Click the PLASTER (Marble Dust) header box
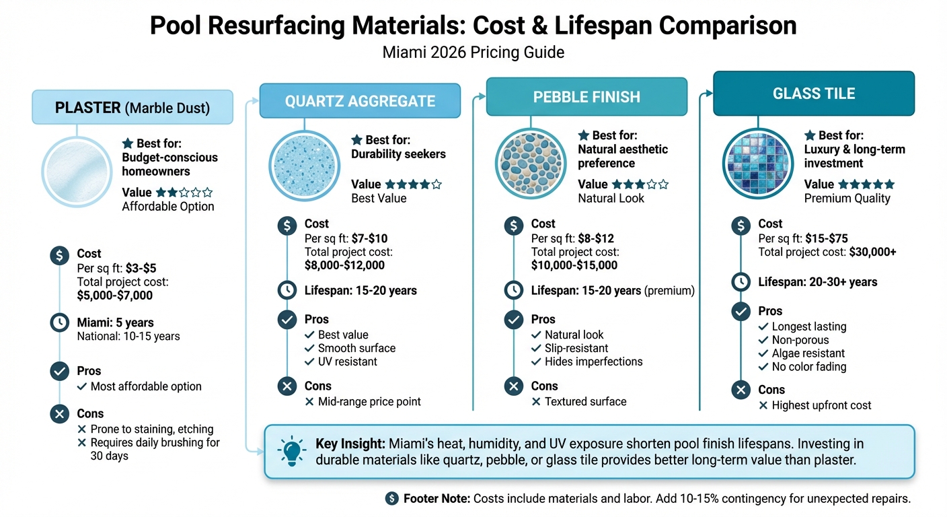(x=132, y=108)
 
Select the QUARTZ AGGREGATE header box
(x=360, y=101)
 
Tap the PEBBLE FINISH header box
(x=586, y=96)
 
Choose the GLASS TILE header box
(x=814, y=94)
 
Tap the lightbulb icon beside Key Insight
(x=293, y=451)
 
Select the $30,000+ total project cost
(x=872, y=252)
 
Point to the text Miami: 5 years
(x=115, y=322)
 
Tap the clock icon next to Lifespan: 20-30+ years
(x=741, y=282)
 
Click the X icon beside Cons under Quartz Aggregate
(x=287, y=386)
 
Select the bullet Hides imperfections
(x=593, y=361)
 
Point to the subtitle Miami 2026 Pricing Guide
(x=473, y=52)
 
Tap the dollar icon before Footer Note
(x=391, y=499)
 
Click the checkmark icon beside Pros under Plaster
(x=60, y=371)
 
